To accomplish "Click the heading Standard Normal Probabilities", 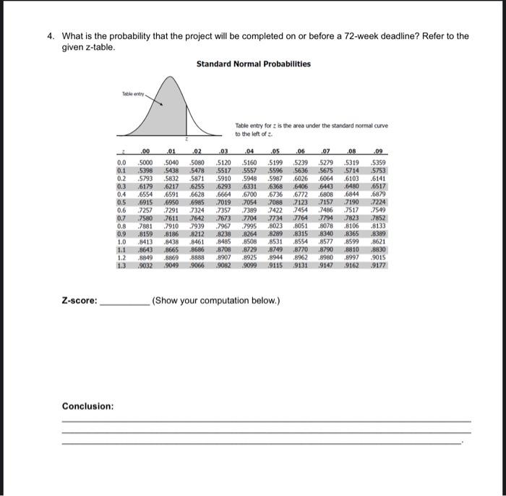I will tap(253, 64).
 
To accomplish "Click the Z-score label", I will tap(80, 301).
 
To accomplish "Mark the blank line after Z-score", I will tap(123, 302).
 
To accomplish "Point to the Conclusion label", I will tap(87, 406).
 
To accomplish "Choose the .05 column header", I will tap(274, 151).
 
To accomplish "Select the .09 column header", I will tap(377, 151).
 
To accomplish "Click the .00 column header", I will tap(145, 151).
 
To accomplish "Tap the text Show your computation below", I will tap(215, 301).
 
